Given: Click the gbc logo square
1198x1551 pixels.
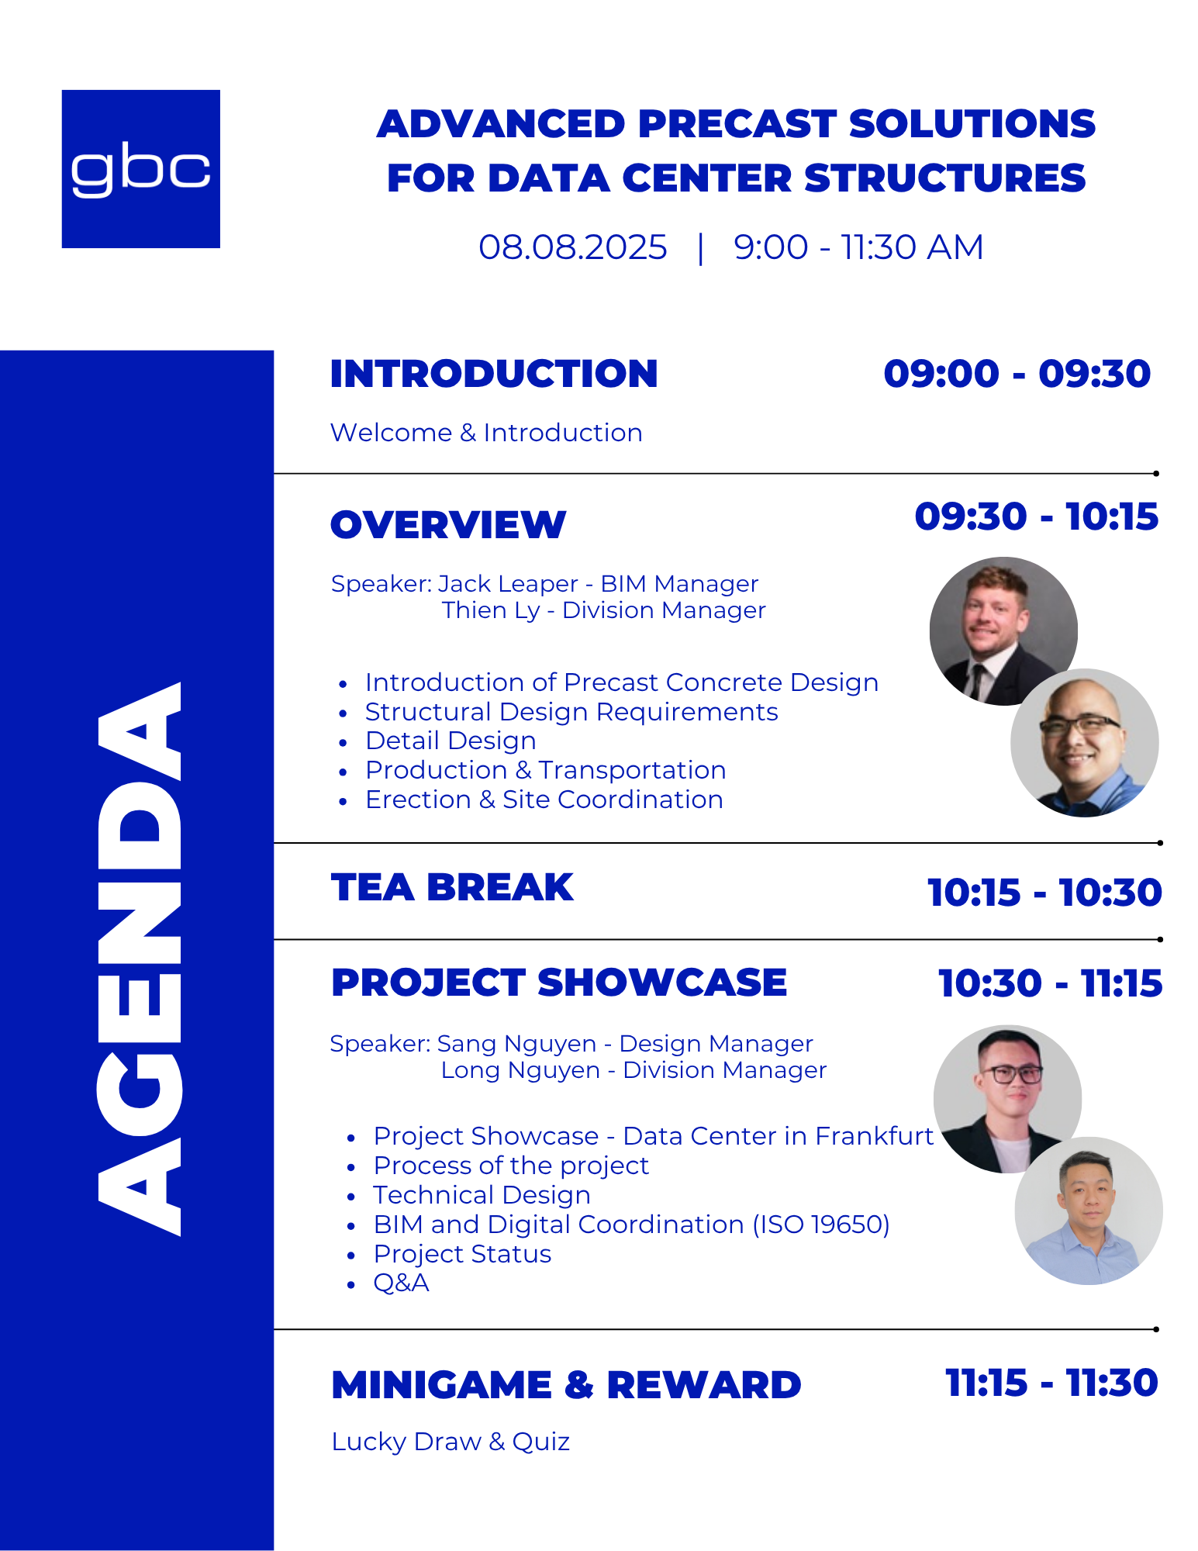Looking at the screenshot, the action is pyautogui.click(x=141, y=169).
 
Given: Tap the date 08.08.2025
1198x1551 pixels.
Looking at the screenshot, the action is pyautogui.click(x=572, y=247).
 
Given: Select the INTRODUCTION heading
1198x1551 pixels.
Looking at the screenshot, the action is pyautogui.click(x=494, y=374).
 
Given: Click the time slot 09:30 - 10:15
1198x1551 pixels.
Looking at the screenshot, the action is pyautogui.click(x=1036, y=516).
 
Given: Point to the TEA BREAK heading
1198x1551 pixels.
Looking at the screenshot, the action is pyautogui.click(x=452, y=887).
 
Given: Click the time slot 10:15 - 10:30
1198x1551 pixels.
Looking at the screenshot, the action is pyautogui.click(x=1044, y=893).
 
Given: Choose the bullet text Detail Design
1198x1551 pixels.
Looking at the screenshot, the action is pyautogui.click(x=451, y=741).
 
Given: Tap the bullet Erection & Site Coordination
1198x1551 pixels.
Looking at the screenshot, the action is pyautogui.click(x=544, y=800).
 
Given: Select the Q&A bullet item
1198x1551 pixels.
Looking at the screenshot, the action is pyautogui.click(x=401, y=1283).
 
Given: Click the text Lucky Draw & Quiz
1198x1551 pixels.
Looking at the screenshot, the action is pyautogui.click(x=451, y=1442).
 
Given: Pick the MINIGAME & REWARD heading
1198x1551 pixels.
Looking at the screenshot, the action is pyautogui.click(x=566, y=1385).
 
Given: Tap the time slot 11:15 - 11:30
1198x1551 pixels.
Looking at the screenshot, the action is pyautogui.click(x=1052, y=1383).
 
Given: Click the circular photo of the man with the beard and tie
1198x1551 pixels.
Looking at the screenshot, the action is pyautogui.click(x=1003, y=630).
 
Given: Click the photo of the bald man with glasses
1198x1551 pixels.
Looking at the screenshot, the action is pyautogui.click(x=1085, y=743).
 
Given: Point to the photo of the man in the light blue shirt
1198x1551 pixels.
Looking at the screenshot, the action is pyautogui.click(x=1089, y=1211).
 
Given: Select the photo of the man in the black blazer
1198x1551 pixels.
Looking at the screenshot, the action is pyautogui.click(x=1007, y=1099).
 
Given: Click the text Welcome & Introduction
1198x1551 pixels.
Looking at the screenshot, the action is pyautogui.click(x=486, y=433).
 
